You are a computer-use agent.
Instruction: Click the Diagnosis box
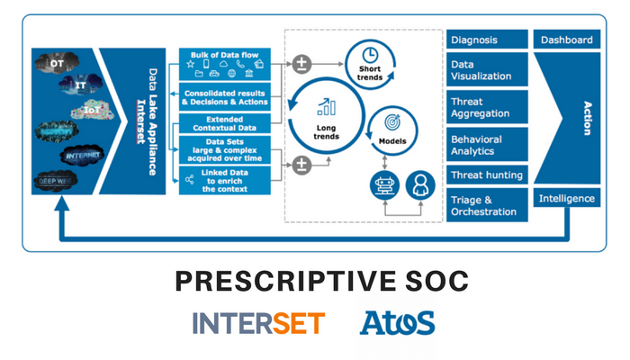coord(487,40)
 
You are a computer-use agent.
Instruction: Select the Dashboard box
coord(567,40)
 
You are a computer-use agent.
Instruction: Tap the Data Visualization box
coord(487,71)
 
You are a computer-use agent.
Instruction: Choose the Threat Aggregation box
coord(487,108)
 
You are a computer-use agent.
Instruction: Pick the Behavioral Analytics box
coord(487,146)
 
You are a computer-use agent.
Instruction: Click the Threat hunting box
coord(487,175)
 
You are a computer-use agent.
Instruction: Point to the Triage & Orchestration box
coord(487,205)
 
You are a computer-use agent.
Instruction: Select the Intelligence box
coord(567,198)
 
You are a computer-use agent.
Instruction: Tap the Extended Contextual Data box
coord(226,125)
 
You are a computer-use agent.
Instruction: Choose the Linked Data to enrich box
coord(226,179)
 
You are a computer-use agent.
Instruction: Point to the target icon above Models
coord(392,122)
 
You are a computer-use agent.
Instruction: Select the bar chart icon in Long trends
coord(326,108)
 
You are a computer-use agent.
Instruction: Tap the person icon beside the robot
coord(420,185)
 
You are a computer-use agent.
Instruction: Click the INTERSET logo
coord(258,322)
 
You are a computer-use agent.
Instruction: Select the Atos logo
coord(397,322)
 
